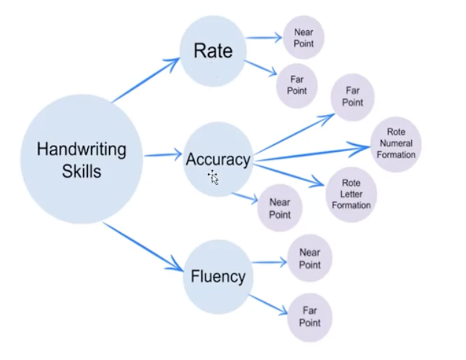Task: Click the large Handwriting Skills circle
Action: pyautogui.click(x=81, y=159)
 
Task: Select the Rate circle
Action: pyautogui.click(x=212, y=52)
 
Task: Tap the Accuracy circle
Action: pyautogui.click(x=217, y=159)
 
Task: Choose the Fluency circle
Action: pyautogui.click(x=217, y=276)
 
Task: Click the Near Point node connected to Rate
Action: pyautogui.click(x=303, y=38)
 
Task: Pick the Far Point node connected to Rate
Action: pyautogui.click(x=298, y=85)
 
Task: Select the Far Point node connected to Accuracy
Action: pyautogui.click(x=353, y=96)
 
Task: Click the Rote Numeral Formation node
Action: pyautogui.click(x=396, y=144)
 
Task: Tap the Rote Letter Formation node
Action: pyautogui.click(x=351, y=194)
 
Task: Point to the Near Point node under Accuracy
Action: pyautogui.click(x=280, y=208)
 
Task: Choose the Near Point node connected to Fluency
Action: pyautogui.click(x=309, y=259)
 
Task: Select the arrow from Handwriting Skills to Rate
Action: pyautogui.click(x=146, y=80)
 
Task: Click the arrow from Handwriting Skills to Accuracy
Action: pyautogui.click(x=162, y=156)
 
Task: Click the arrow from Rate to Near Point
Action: pyautogui.click(x=264, y=38)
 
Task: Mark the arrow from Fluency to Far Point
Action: pyautogui.click(x=268, y=304)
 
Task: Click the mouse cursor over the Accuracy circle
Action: pyautogui.click(x=213, y=177)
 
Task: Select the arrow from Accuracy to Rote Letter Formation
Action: pyautogui.click(x=289, y=173)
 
